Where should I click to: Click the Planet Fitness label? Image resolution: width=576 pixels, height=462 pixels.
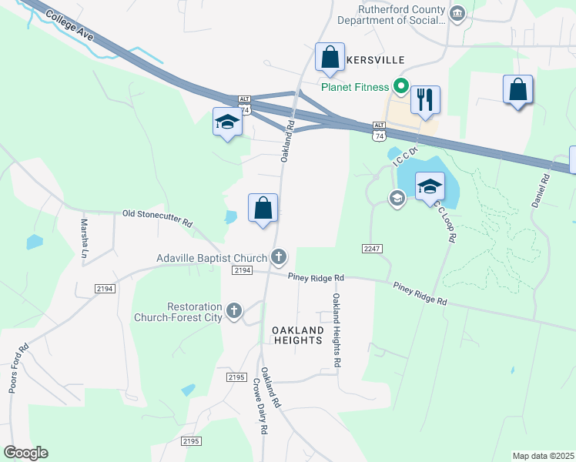pos(356,86)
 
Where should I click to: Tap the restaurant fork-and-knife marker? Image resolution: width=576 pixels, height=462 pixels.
pos(425,100)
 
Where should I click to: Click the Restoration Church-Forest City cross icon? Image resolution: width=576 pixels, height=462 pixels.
pos(234,311)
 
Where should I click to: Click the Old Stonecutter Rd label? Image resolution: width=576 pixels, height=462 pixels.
pos(157,218)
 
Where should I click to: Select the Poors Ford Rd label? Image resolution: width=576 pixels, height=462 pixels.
pos(18,368)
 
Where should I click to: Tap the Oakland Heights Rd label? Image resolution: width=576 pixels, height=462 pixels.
pos(337,329)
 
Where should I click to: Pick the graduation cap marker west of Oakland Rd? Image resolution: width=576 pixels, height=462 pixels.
pos(227,122)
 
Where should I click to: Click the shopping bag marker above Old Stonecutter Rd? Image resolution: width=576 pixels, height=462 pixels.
pos(263,207)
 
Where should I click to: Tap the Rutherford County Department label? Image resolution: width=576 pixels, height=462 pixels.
pos(402,15)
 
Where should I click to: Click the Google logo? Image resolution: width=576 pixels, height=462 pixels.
pos(25,453)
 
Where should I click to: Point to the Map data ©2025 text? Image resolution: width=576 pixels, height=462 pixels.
pos(543,456)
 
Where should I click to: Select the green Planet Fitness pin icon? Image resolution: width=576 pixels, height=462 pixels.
pos(400,86)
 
